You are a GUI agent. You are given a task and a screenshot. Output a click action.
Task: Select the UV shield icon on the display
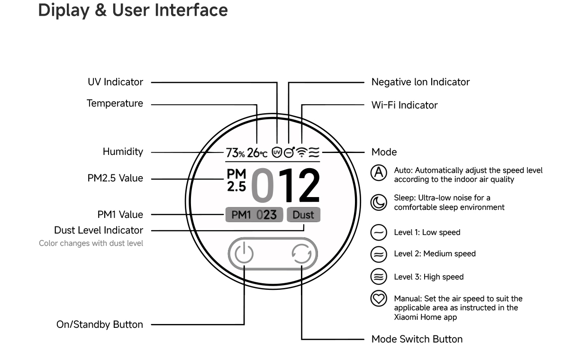point(277,152)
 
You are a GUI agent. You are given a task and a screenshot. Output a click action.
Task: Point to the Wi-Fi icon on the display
point(302,152)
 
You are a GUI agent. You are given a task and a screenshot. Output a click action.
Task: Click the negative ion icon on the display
point(289,153)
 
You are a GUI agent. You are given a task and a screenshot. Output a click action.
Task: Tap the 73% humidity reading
point(235,153)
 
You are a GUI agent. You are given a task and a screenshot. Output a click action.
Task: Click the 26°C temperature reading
point(257,153)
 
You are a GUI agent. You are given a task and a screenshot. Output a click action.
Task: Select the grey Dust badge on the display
point(303,215)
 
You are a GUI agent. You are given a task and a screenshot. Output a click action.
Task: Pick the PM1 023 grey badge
point(254,215)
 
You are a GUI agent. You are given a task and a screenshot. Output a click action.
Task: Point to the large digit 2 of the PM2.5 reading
point(309,185)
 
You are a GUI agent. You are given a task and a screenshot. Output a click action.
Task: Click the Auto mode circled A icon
point(379,172)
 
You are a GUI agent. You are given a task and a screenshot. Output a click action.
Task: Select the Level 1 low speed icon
point(379,233)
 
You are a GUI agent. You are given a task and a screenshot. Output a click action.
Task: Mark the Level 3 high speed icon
point(379,277)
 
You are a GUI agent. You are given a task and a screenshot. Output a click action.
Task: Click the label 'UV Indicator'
point(116,82)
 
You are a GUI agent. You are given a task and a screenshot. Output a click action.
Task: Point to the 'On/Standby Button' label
point(100,325)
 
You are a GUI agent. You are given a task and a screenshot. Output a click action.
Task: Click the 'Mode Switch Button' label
point(417,339)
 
